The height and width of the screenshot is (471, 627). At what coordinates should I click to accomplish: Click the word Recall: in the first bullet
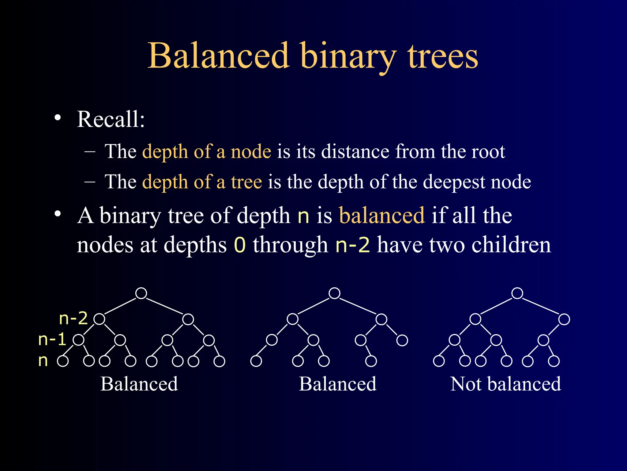point(111,119)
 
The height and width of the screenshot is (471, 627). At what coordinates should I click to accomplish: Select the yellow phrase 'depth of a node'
point(207,151)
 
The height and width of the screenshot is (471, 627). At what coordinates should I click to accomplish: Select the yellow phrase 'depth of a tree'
point(202,182)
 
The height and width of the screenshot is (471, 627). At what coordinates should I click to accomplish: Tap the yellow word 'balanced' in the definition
point(382,215)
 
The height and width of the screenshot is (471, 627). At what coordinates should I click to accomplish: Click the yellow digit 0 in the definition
point(240,245)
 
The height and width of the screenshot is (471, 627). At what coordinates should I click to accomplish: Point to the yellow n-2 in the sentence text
point(353,245)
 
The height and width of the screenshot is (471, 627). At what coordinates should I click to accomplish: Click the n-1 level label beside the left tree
point(52,339)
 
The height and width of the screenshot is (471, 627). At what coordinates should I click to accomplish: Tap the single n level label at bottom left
point(43,361)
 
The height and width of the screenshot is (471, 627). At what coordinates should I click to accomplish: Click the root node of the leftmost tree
point(141,293)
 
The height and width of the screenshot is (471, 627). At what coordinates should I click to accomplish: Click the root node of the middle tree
point(334,293)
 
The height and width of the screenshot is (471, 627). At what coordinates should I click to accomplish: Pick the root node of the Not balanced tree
point(517,293)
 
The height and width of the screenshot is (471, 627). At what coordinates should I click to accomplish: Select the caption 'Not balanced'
point(505,384)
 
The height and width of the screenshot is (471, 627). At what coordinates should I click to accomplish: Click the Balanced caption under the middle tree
point(337,384)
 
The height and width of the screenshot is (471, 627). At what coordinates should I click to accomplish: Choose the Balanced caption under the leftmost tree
point(139,384)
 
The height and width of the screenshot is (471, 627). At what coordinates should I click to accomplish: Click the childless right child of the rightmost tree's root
point(564,319)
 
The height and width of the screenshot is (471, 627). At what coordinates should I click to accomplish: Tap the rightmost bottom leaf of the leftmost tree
point(219,361)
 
